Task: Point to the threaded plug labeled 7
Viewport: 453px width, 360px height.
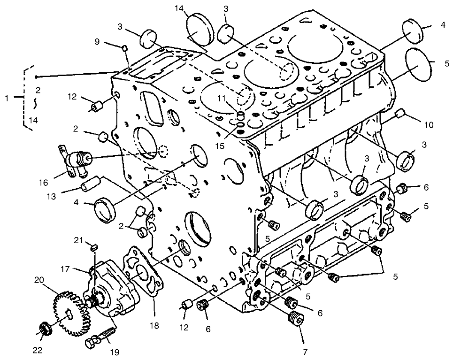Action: coord(295,318)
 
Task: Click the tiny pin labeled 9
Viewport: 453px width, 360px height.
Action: coord(124,47)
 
